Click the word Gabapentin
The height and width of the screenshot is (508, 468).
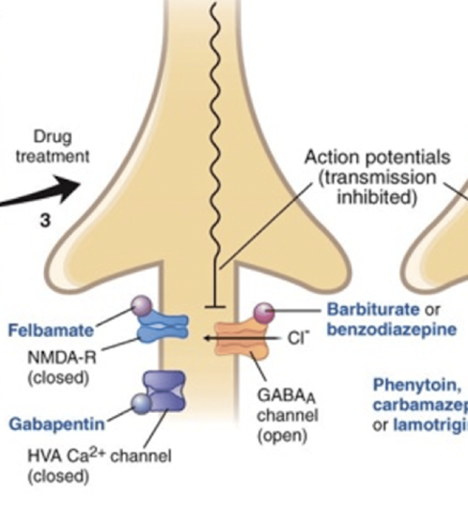(57, 424)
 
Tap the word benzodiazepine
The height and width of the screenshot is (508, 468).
(391, 329)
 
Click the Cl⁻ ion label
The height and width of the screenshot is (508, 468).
(299, 339)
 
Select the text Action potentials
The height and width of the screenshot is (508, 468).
(377, 157)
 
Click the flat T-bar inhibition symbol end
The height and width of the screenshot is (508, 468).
(215, 306)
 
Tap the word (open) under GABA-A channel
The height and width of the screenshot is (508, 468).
(282, 435)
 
